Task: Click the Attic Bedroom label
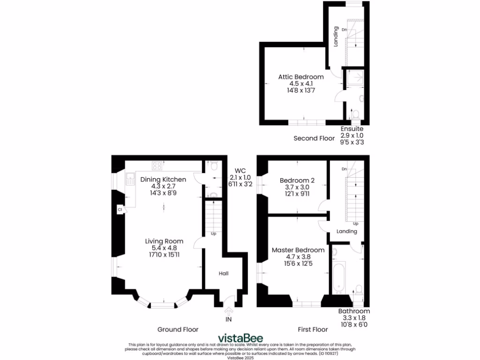pyautogui.click(x=300, y=77)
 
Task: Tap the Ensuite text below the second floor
pyautogui.click(x=352, y=128)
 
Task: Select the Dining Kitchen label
pyautogui.click(x=163, y=180)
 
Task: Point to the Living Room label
pyautogui.click(x=164, y=241)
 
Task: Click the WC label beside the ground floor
pyautogui.click(x=240, y=171)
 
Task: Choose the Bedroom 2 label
pyautogui.click(x=297, y=180)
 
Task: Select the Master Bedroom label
pyautogui.click(x=298, y=250)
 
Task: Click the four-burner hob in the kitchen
pyautogui.click(x=157, y=165)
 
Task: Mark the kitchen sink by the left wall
pyautogui.click(x=130, y=179)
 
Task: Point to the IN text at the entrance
pyautogui.click(x=229, y=319)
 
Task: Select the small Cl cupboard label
pyautogui.click(x=120, y=210)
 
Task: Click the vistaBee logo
pyautogui.click(x=240, y=338)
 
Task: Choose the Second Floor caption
pyautogui.click(x=314, y=138)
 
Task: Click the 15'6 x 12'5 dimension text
pyautogui.click(x=298, y=264)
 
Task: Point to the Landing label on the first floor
pyautogui.click(x=347, y=232)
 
